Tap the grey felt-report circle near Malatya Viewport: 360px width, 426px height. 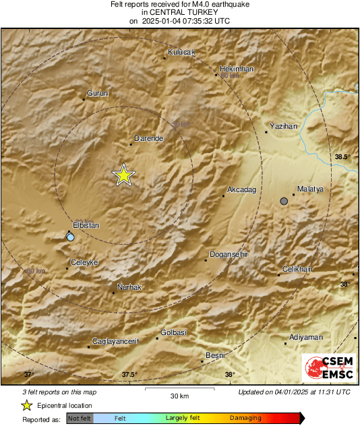(284, 201)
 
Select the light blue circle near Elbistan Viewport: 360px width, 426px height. (71, 237)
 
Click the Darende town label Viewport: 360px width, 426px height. (149, 138)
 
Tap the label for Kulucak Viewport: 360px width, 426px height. (181, 52)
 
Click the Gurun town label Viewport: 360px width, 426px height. (97, 94)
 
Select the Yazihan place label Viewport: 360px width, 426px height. (283, 126)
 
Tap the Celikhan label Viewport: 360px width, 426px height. (297, 269)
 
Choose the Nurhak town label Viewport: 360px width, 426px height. (129, 287)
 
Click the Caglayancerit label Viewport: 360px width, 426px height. (115, 341)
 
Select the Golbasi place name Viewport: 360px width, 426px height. (174, 332)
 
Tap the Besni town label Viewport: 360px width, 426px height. (215, 355)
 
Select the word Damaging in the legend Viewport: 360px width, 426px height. (245, 418)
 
